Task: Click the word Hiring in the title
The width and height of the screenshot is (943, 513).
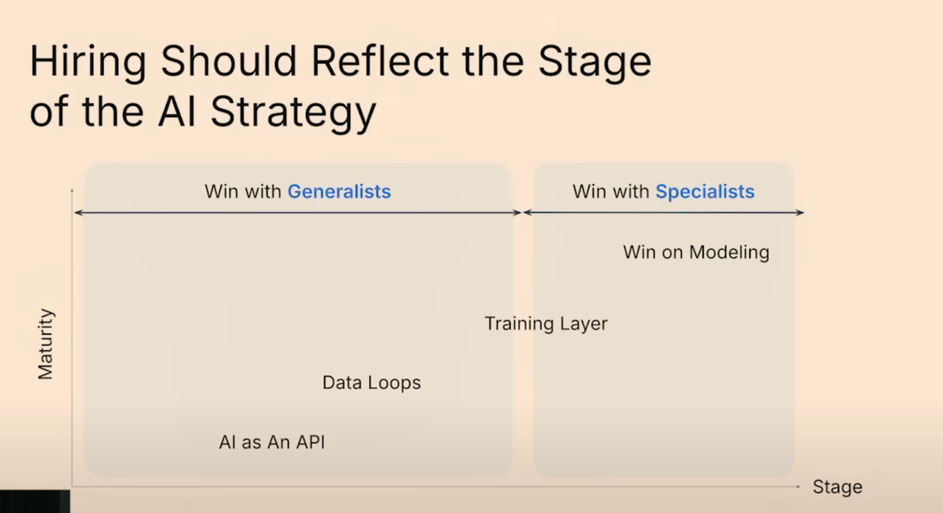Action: (88, 63)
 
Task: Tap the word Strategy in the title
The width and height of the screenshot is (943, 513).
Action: (293, 113)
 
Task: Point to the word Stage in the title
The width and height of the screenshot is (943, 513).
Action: (595, 63)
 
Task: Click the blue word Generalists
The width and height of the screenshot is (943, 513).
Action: (339, 192)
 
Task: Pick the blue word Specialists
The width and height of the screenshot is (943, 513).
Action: (705, 192)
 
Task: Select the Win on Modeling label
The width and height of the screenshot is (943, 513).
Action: (696, 252)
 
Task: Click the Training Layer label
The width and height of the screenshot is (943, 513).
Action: (546, 324)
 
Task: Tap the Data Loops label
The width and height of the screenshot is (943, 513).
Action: (372, 383)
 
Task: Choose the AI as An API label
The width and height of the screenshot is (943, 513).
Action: (272, 442)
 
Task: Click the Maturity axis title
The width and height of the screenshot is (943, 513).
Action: (45, 345)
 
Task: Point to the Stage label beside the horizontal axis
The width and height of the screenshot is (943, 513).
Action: (837, 487)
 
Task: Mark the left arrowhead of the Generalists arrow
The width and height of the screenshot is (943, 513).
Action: (78, 213)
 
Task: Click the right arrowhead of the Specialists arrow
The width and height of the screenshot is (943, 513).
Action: (801, 212)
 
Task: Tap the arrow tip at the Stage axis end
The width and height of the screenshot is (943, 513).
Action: (798, 486)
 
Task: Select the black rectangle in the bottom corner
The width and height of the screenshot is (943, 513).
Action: (35, 501)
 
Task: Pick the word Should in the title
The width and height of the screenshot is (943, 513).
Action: (229, 61)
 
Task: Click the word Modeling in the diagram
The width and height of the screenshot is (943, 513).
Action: (729, 252)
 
